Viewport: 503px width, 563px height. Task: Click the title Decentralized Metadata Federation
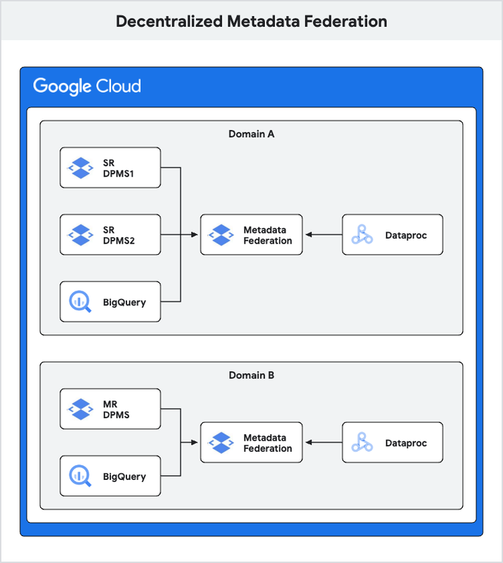coord(251,21)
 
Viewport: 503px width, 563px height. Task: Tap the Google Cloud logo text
coord(87,87)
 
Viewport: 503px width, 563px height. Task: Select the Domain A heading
coord(251,134)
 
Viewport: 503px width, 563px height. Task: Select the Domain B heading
coord(251,375)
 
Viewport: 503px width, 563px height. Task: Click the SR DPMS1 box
coord(110,167)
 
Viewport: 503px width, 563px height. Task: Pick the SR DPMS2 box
coord(110,234)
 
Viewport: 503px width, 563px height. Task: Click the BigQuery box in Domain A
coord(110,302)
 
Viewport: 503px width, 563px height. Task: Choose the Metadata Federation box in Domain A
coord(251,234)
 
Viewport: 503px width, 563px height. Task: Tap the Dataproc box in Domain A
coord(392,234)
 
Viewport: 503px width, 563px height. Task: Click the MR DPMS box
coord(110,409)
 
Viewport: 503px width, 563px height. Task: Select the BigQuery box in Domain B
coord(110,476)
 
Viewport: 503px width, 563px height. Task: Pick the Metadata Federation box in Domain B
coord(251,443)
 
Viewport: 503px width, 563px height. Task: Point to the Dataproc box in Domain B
coord(392,443)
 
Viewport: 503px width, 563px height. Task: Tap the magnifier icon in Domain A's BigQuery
coord(80,302)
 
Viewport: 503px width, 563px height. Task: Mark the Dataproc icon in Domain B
coord(362,443)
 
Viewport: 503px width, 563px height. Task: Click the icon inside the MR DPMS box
coord(80,409)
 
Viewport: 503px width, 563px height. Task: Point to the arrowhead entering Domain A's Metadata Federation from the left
coord(197,234)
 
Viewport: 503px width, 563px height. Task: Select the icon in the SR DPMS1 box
coord(80,167)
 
